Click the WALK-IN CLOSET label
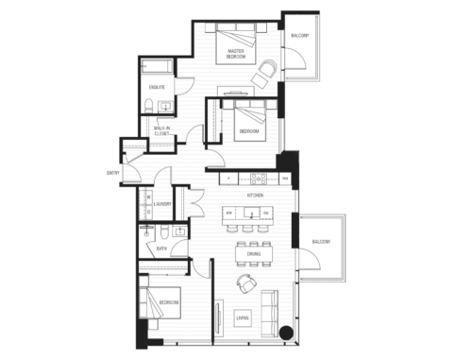pyautogui.click(x=161, y=131)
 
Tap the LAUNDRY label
pyautogui.click(x=162, y=203)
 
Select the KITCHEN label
pyautogui.click(x=255, y=195)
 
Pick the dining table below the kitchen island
pyautogui.click(x=252, y=253)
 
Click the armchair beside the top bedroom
pyautogui.click(x=267, y=69)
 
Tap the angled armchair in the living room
pyautogui.click(x=246, y=283)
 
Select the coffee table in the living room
pyautogui.click(x=243, y=317)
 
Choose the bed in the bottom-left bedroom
pyautogui.click(x=162, y=303)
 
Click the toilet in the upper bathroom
pyautogui.click(x=151, y=107)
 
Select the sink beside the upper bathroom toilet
pyautogui.click(x=167, y=106)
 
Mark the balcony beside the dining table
pyautogui.click(x=321, y=248)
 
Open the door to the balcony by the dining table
pyautogui.click(x=306, y=260)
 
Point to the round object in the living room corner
pyautogui.click(x=287, y=332)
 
